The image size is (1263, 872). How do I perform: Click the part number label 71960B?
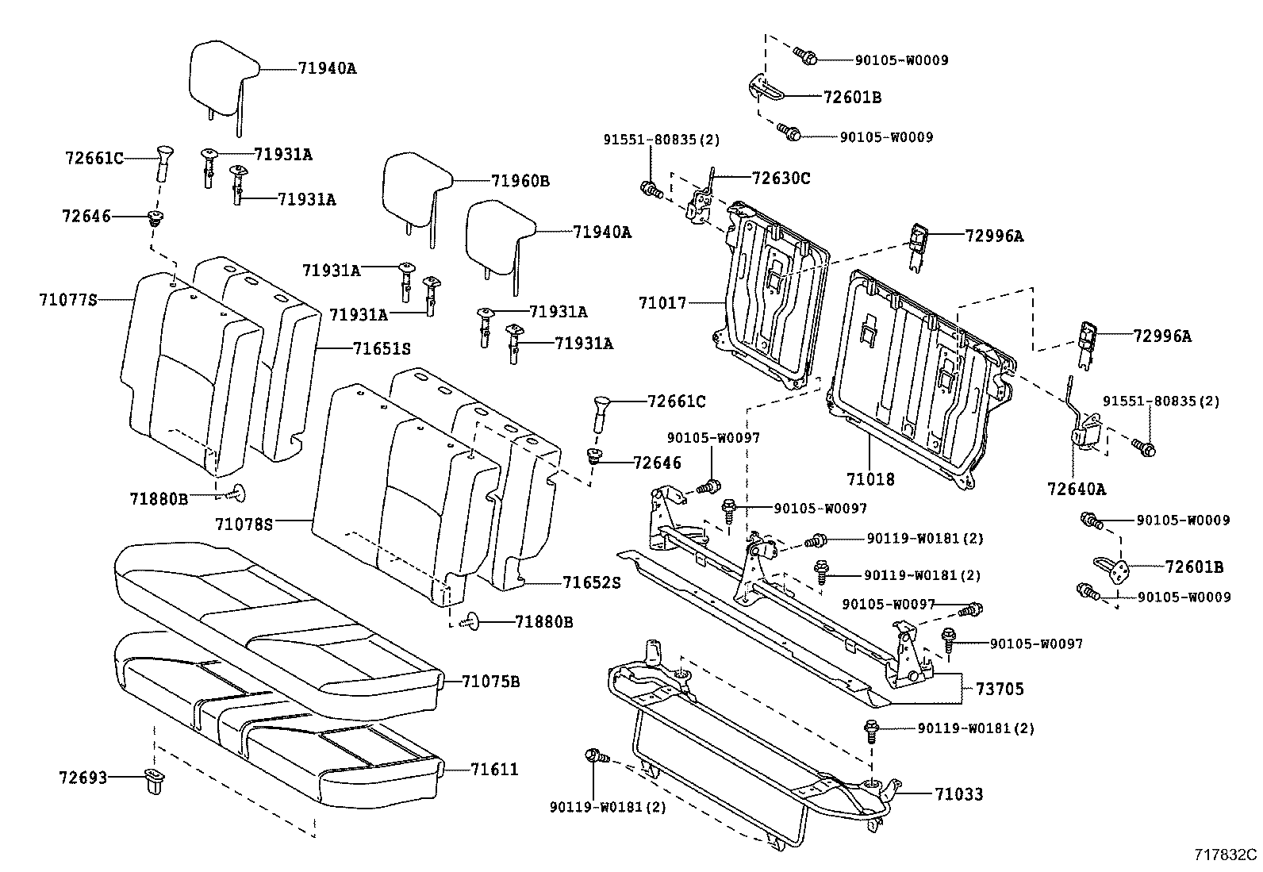520,181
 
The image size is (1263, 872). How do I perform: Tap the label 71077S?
67,299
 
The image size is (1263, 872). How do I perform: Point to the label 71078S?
244,524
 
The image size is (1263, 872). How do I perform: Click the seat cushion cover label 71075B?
491,682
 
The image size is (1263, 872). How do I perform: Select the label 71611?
494,769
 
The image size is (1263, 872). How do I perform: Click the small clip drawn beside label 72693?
152,780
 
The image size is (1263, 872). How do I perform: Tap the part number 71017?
662,302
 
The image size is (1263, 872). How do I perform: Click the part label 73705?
999,690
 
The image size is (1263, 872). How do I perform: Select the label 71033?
958,793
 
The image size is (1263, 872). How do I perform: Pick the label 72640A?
1076,489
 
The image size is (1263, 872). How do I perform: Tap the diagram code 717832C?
1226,855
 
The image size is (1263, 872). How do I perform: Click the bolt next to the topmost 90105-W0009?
804,56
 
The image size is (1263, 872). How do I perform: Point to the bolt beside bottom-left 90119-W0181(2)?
595,756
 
